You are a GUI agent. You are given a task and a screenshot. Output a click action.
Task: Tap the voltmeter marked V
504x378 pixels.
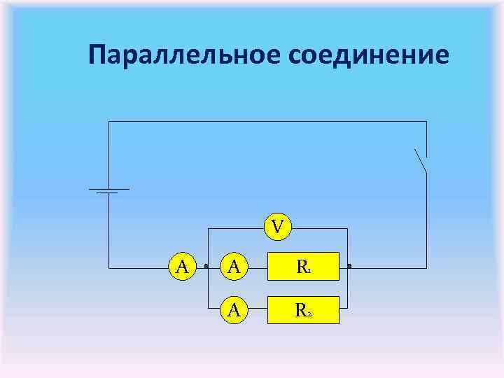(278, 226)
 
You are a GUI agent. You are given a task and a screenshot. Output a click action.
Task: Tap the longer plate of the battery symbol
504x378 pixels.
(108, 189)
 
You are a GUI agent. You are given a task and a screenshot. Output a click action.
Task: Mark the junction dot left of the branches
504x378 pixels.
(206, 267)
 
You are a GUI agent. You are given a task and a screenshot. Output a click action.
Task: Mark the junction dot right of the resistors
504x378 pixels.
(348, 267)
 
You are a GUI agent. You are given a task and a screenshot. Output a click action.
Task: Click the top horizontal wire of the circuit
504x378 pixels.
(266, 121)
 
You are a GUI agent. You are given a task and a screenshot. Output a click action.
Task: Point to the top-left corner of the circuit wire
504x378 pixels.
(108, 121)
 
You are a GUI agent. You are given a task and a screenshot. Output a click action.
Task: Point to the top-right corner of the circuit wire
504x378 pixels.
(426, 121)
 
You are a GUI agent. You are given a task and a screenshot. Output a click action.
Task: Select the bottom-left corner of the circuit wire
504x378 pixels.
(108, 267)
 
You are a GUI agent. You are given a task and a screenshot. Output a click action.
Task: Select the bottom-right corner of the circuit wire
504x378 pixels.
(426, 267)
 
